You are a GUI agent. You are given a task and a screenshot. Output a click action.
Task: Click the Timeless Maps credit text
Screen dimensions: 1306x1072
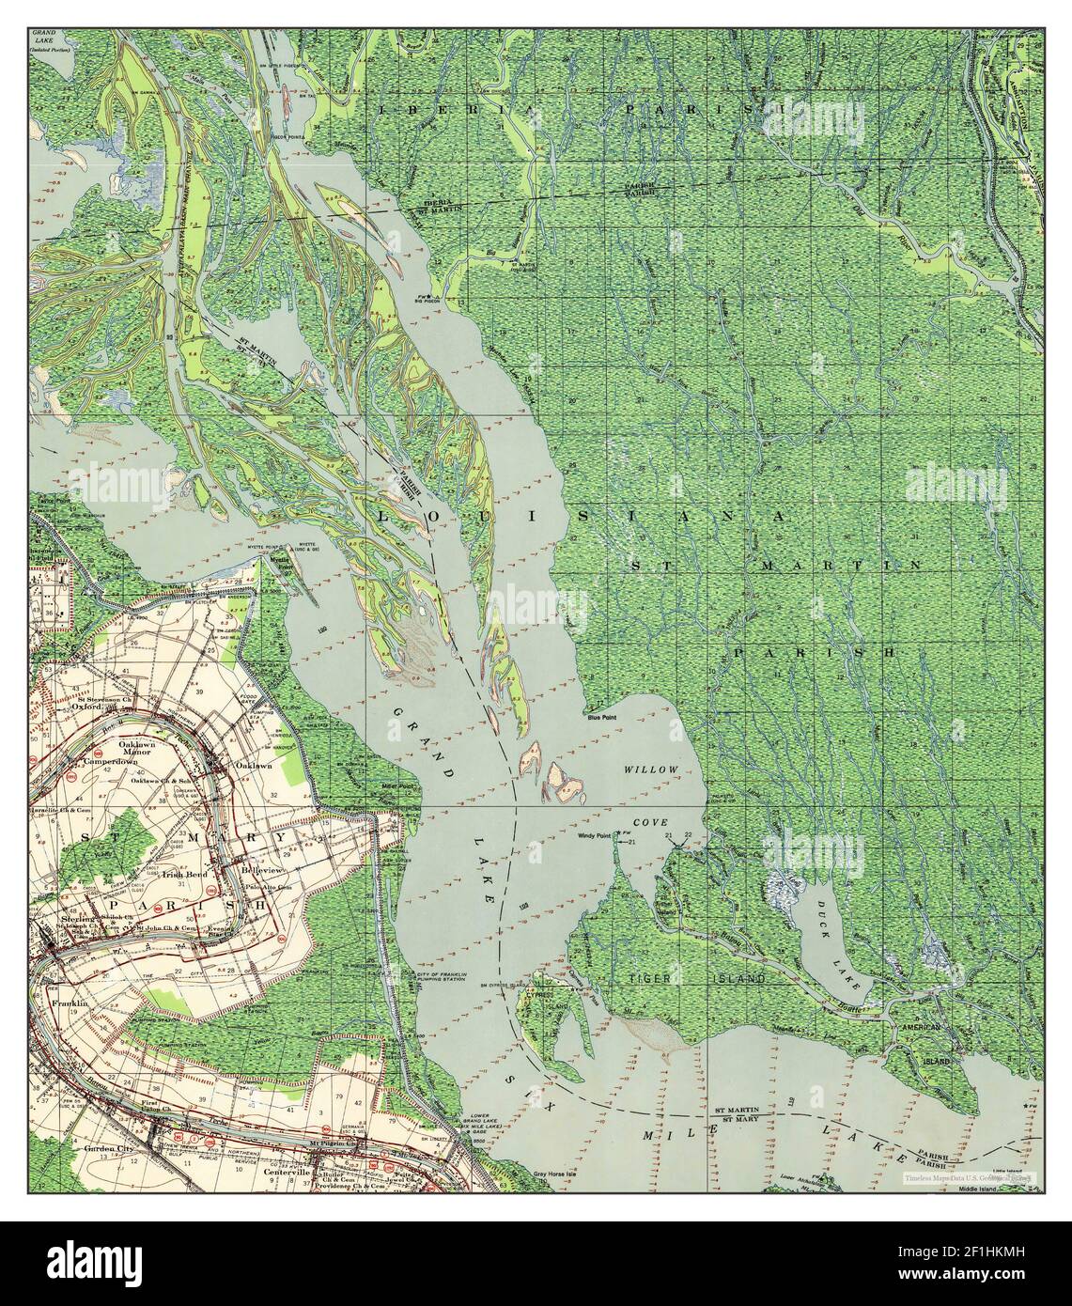(968, 1176)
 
